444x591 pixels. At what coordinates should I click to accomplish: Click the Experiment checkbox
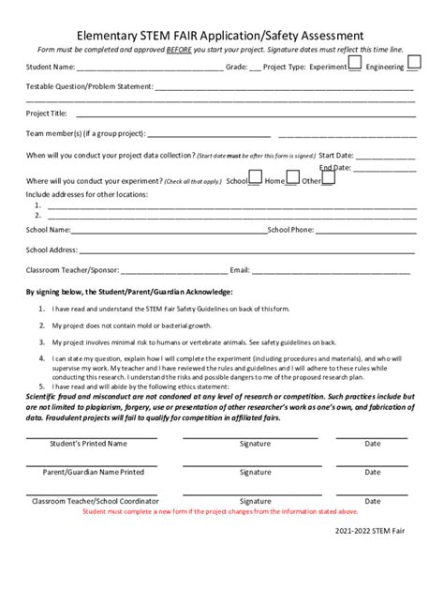pos(355,63)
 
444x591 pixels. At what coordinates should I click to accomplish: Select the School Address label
pos(52,250)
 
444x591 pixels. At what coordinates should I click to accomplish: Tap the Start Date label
pos(336,155)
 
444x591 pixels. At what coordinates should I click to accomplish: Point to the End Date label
pos(335,167)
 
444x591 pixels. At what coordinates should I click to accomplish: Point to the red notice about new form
pos(219,512)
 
